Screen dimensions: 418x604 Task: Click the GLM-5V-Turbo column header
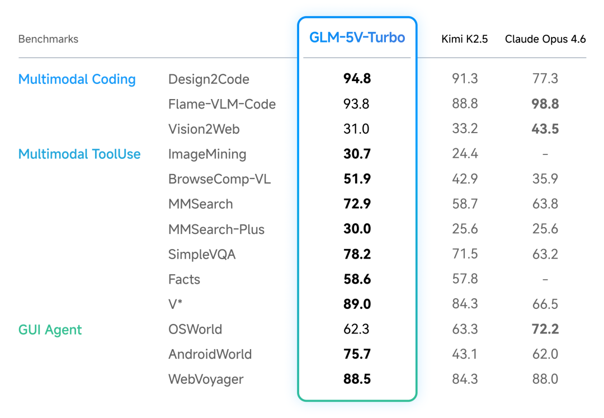(357, 37)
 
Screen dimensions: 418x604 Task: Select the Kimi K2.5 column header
(464, 39)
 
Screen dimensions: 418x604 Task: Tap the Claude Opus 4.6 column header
(545, 39)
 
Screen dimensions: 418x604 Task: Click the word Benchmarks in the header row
(48, 39)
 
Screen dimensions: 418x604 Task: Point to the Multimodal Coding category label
(77, 79)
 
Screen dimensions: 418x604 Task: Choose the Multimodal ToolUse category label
(79, 154)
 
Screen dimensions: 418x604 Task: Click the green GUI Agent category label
(50, 330)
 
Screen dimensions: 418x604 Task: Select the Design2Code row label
(209, 79)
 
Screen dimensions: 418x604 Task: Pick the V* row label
(176, 304)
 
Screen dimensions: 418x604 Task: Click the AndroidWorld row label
(210, 354)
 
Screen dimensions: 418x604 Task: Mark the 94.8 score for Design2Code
(357, 79)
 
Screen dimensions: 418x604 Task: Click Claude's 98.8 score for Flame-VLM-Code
(545, 104)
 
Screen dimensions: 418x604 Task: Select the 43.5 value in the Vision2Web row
(545, 129)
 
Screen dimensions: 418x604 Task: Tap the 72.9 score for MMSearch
(357, 204)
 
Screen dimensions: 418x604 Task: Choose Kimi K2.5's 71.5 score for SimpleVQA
(465, 254)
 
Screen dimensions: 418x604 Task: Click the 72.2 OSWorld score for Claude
(545, 329)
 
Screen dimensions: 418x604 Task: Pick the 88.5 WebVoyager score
(357, 379)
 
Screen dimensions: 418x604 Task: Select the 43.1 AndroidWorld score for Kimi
(465, 354)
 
